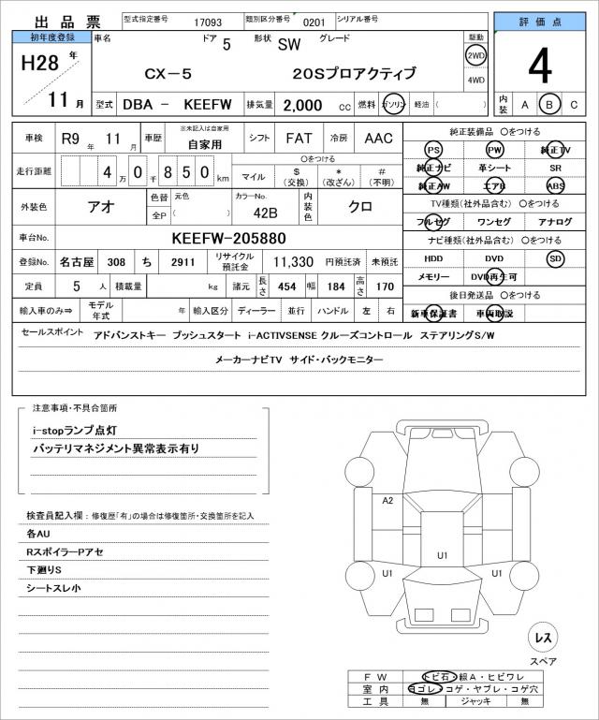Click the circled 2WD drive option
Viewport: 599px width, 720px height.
[475, 55]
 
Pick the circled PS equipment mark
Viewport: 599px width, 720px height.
[432, 150]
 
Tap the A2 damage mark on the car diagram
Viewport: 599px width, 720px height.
[387, 501]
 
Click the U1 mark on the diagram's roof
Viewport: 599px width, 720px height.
[443, 555]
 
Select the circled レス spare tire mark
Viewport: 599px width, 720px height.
[542, 637]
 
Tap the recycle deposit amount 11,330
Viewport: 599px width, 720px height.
[293, 262]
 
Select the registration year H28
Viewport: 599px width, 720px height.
[40, 65]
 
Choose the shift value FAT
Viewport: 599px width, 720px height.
[299, 138]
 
